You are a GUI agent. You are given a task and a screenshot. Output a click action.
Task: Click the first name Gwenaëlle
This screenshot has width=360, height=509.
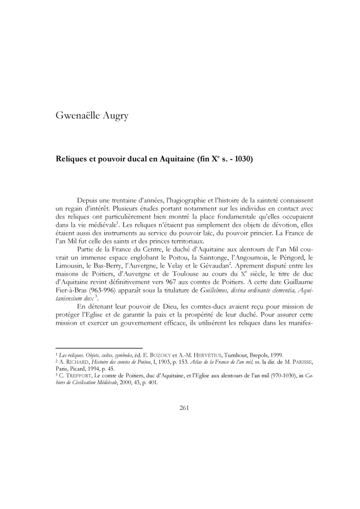[x=79, y=116]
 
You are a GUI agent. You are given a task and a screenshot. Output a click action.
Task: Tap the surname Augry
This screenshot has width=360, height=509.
[x=117, y=116]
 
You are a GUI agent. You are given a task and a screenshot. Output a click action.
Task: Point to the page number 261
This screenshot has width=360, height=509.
[x=184, y=407]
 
